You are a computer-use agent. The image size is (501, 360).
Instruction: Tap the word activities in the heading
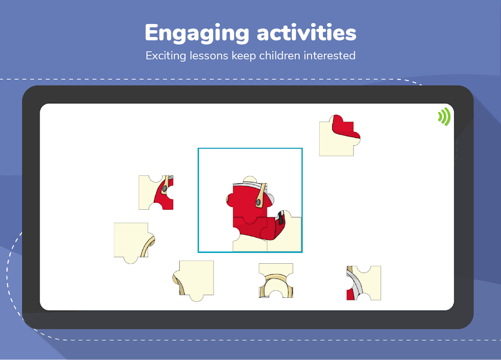(x=307, y=32)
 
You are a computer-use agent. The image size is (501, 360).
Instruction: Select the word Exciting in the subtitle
(x=166, y=56)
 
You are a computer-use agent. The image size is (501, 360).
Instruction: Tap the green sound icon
(x=444, y=117)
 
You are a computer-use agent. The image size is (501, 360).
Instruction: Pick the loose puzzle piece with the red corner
(x=340, y=135)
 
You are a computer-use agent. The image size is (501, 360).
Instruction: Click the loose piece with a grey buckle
(x=156, y=192)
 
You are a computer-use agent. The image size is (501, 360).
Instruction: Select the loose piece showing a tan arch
(x=276, y=281)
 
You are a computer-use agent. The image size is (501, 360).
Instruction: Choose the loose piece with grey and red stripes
(x=364, y=283)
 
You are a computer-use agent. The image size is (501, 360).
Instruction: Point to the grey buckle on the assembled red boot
(x=258, y=202)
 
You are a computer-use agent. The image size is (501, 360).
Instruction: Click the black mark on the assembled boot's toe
(x=281, y=218)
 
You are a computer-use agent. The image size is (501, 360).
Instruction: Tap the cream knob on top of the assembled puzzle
(x=250, y=179)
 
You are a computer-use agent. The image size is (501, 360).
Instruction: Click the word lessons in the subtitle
(x=209, y=56)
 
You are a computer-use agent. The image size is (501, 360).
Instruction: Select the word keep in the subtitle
(x=244, y=56)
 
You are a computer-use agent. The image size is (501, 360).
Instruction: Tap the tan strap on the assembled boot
(x=262, y=195)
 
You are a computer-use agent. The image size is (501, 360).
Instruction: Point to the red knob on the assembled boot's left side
(x=230, y=200)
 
